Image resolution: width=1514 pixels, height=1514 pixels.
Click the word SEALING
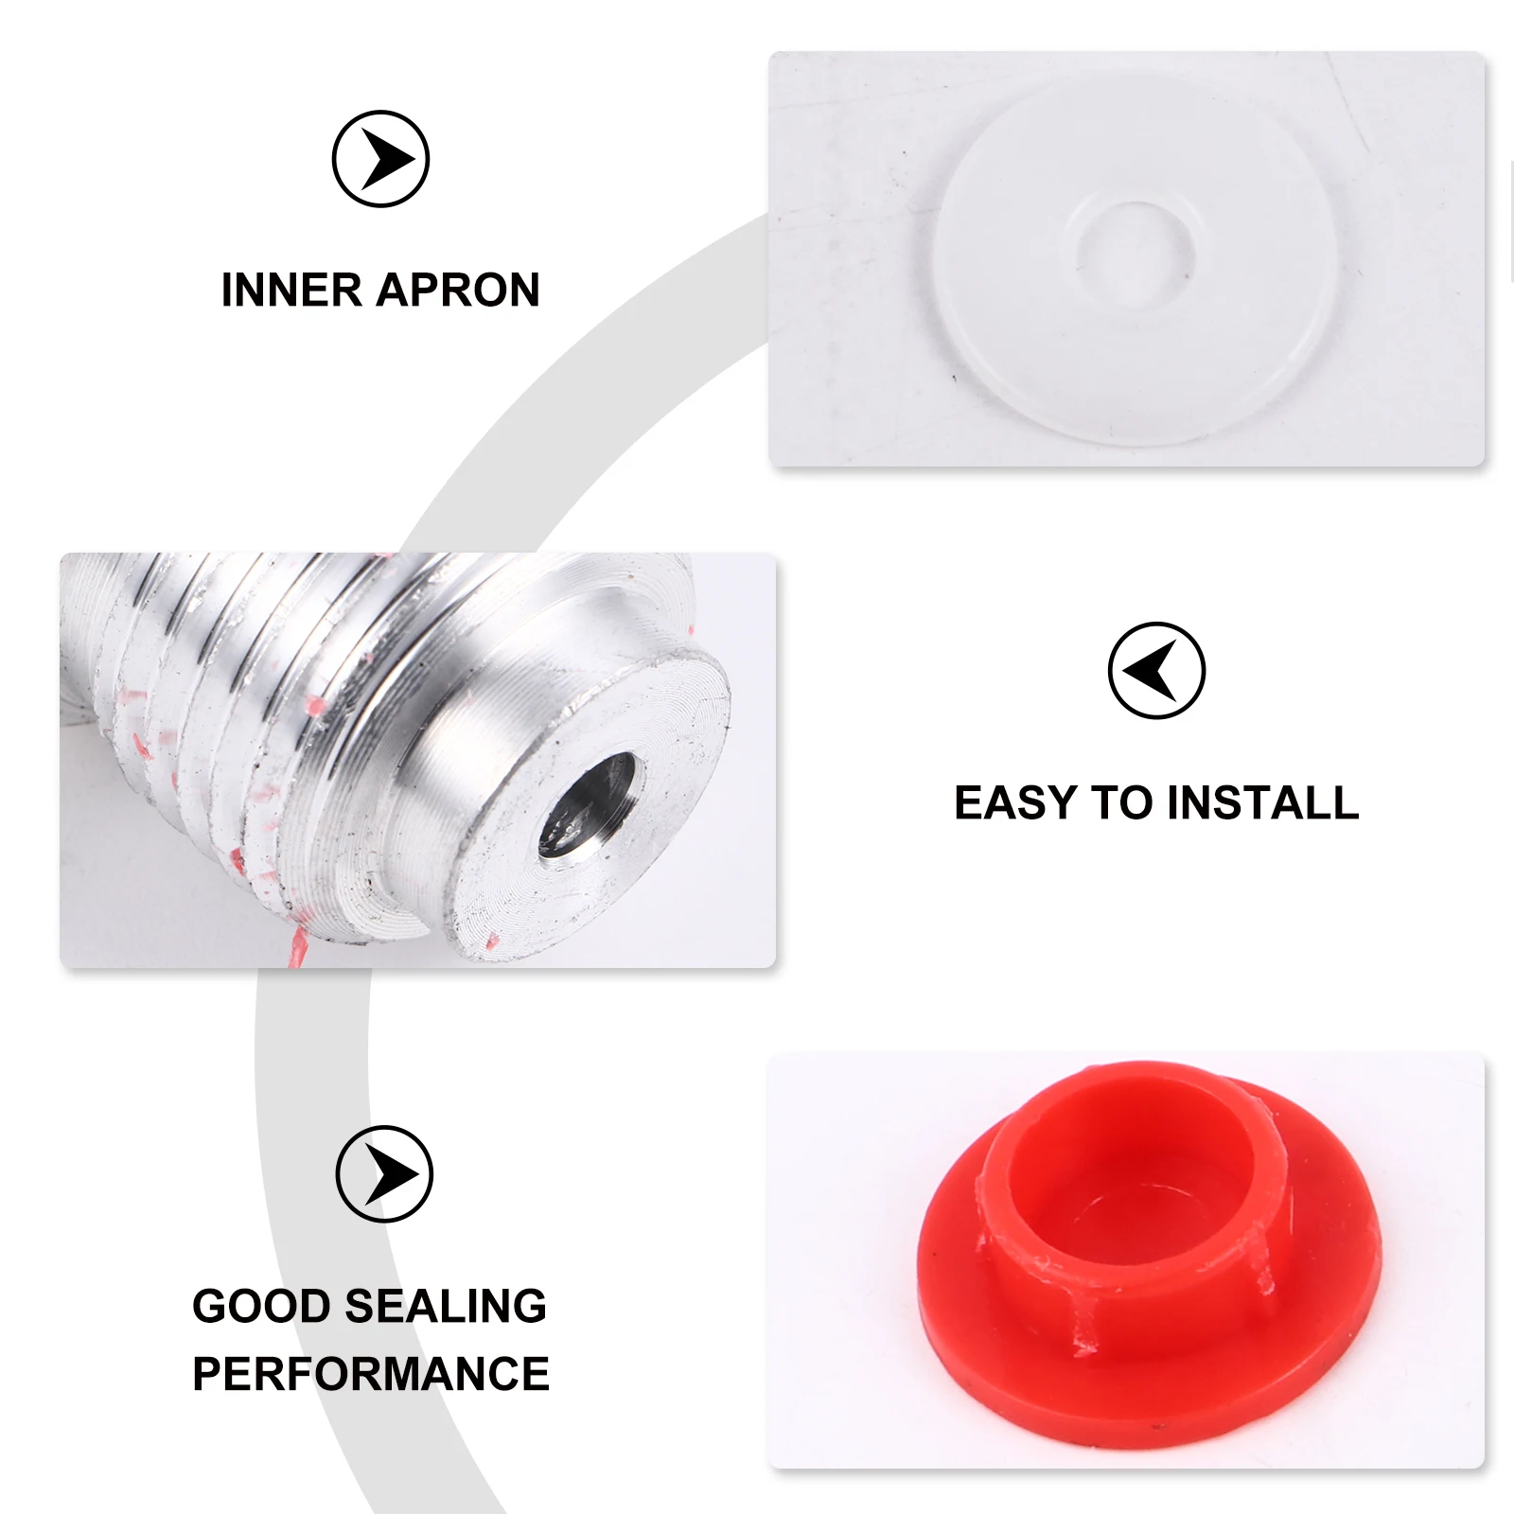click(446, 1307)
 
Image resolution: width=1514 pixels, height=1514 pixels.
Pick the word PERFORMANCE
click(371, 1375)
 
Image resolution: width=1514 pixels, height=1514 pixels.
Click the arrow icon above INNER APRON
click(380, 159)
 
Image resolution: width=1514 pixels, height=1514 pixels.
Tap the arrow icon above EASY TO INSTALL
click(1156, 671)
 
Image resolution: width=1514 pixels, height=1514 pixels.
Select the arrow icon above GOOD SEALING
click(384, 1174)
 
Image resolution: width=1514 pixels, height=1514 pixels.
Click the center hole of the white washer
click(1135, 253)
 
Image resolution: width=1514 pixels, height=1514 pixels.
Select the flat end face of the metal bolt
click(662, 719)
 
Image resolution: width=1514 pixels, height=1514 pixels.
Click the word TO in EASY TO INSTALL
click(1121, 803)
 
